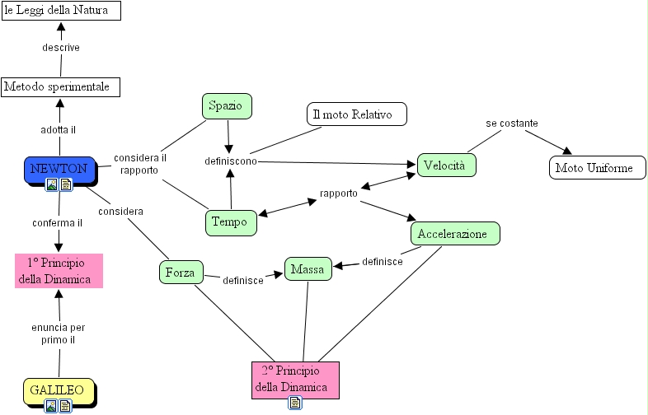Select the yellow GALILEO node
coord(58,389)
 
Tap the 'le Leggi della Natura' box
coord(60,10)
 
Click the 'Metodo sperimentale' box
coord(60,86)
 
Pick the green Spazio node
coord(226,106)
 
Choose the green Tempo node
coord(230,221)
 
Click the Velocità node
coord(446,166)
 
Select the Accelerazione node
coord(455,234)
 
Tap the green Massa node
coord(308,269)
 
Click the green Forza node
coord(181,273)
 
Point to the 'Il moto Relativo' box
coord(356,114)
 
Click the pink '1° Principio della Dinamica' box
coord(59,271)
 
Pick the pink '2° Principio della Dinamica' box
coord(295,380)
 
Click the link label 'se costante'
coord(512,124)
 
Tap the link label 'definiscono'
coord(231,161)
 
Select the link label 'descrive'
coord(61,48)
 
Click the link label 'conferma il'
coord(57,222)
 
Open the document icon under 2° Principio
coord(295,403)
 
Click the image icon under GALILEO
coord(51,405)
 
